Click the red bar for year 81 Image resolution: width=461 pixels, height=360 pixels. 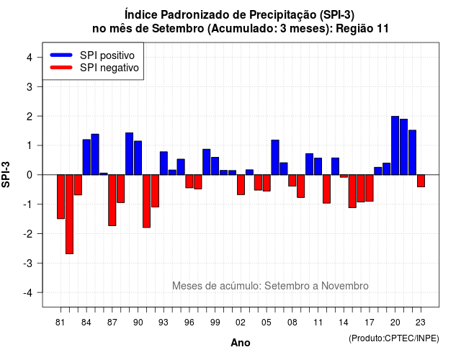61,197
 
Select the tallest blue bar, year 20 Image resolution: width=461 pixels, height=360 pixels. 395,145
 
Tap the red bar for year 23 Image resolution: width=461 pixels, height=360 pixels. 421,181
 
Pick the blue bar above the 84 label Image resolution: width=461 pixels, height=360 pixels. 86,157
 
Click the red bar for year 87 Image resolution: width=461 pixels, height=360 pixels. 112,200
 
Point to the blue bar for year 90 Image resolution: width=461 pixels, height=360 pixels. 138,158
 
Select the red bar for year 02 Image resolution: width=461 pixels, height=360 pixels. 241,184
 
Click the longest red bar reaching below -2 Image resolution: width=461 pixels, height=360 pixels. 69,215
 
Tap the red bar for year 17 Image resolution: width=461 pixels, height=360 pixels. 370,188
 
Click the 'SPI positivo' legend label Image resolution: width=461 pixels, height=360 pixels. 107,55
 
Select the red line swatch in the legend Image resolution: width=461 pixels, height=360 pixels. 61,68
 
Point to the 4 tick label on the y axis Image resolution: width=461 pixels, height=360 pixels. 30,58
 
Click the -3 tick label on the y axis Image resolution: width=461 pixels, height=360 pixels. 27,263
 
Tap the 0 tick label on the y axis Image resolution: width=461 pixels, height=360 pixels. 30,175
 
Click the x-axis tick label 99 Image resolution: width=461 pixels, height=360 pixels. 215,323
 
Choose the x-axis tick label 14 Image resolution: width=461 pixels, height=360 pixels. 343,323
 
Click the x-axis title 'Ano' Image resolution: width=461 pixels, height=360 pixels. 241,343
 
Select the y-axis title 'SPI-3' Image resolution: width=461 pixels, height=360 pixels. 6,174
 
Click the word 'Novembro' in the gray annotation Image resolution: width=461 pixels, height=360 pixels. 344,286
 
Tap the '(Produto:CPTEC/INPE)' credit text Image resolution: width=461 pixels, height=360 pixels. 394,338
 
